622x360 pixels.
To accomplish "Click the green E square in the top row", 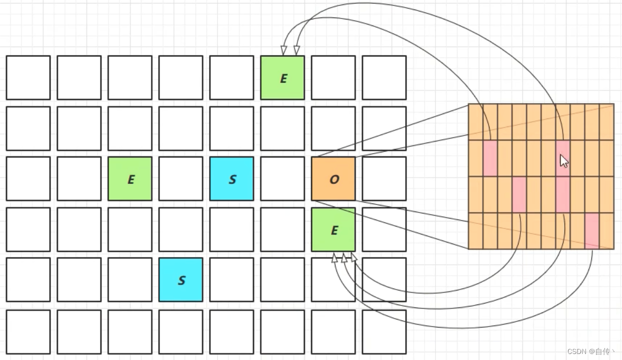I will pyautogui.click(x=282, y=77).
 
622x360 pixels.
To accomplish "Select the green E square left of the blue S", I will pyautogui.click(x=130, y=178).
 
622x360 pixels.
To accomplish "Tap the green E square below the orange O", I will pyautogui.click(x=333, y=229).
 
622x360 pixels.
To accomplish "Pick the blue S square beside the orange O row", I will pyautogui.click(x=231, y=178).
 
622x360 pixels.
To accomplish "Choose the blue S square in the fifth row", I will pyautogui.click(x=181, y=279).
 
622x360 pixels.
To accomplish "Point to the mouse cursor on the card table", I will pyautogui.click(x=563, y=160).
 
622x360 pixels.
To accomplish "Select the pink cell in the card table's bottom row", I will pyautogui.click(x=592, y=230).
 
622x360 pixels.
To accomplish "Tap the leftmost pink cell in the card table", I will pyautogui.click(x=490, y=158).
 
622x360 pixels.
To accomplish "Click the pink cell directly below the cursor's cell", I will pyautogui.click(x=562, y=194).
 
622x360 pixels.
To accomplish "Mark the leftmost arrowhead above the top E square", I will pyautogui.click(x=284, y=50).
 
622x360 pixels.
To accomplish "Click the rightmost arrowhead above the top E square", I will pyautogui.click(x=296, y=50).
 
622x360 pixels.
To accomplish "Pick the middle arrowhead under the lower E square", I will pyautogui.click(x=344, y=257).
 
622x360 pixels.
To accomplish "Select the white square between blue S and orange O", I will pyautogui.click(x=282, y=178).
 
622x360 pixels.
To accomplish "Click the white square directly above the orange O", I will pyautogui.click(x=333, y=128).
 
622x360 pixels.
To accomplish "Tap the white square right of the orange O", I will pyautogui.click(x=384, y=178).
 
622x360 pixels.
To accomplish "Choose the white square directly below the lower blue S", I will pyautogui.click(x=181, y=331).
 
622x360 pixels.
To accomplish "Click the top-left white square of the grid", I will pyautogui.click(x=28, y=77).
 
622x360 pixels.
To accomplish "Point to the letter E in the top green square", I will pyautogui.click(x=283, y=78).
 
